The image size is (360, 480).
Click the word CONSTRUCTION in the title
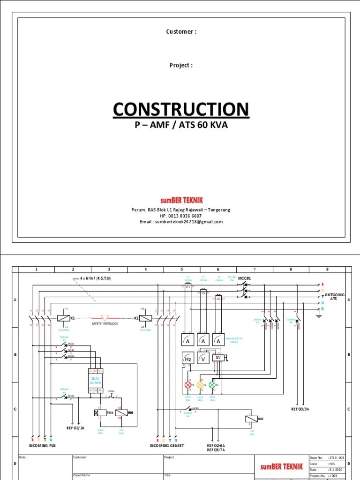point(180,109)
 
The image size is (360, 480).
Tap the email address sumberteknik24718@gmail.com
point(181,222)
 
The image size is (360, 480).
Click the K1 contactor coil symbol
point(63,318)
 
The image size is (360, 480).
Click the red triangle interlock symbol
point(105,317)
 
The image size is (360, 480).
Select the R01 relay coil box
point(120,412)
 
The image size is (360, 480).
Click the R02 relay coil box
point(249,419)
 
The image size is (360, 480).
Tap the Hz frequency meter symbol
point(187,359)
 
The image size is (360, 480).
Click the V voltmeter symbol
point(203,359)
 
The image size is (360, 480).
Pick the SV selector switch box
point(218,357)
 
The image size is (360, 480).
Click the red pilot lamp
point(188,385)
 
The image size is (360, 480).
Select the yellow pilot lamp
point(200,385)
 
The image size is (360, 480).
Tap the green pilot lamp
point(211,385)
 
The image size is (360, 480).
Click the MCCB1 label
point(245,278)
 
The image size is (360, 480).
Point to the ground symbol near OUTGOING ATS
point(319,315)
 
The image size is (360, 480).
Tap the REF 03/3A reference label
point(300,409)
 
